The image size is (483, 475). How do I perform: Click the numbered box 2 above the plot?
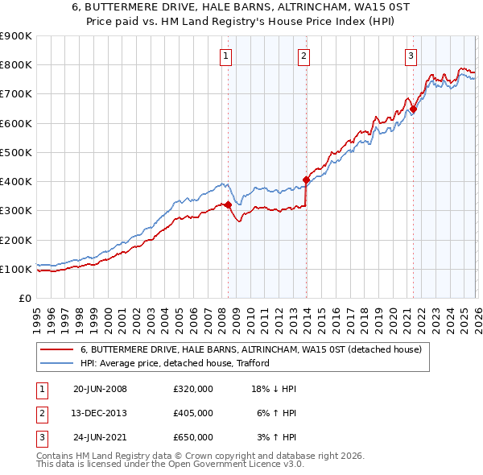(303, 56)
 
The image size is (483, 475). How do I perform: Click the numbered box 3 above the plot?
(411, 56)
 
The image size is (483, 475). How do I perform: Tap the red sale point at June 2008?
(228, 204)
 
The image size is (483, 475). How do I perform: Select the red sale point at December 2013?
(306, 180)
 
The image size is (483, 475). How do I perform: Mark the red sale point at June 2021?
(413, 109)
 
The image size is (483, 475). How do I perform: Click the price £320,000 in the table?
(192, 389)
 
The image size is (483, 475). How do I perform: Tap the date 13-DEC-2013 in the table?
(100, 413)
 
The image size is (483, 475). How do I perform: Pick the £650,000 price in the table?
(192, 437)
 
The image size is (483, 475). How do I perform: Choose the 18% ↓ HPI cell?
(274, 389)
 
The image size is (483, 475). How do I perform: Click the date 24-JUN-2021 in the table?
(100, 437)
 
